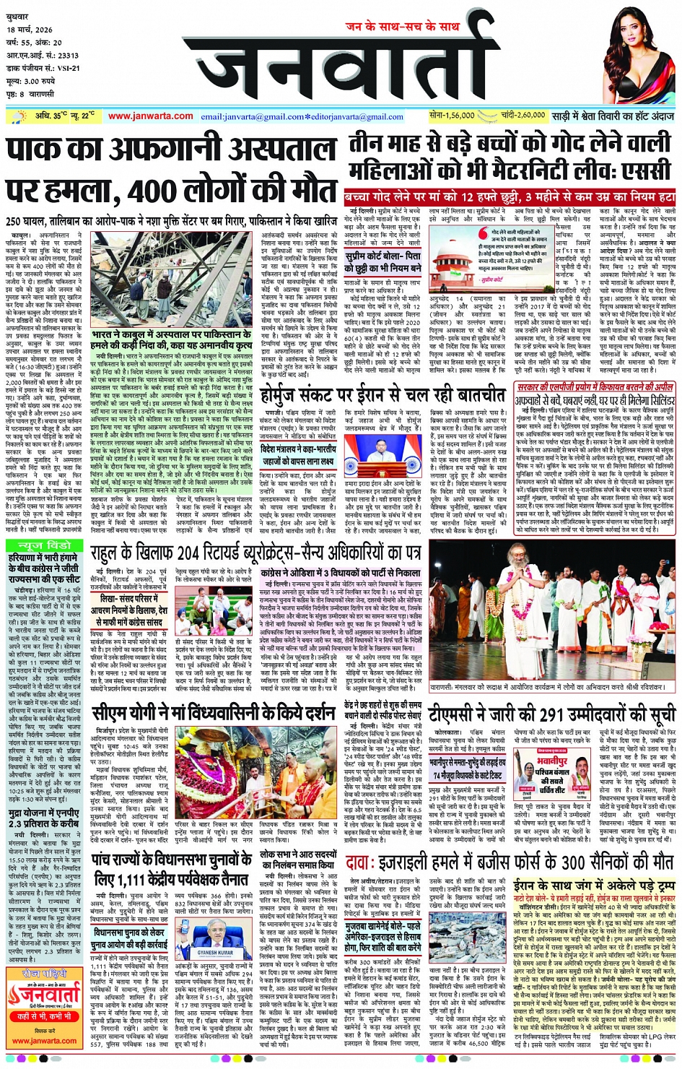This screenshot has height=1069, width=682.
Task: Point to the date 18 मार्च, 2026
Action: click(30, 30)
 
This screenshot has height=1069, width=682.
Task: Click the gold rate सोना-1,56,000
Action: click(452, 116)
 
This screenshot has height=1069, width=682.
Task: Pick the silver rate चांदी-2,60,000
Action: click(523, 116)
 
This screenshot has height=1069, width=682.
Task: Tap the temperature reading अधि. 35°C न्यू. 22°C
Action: click(64, 116)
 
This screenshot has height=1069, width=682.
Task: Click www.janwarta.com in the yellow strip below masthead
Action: click(150, 116)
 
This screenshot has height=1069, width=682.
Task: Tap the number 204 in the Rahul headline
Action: click(196, 554)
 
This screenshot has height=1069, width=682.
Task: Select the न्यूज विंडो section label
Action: click(45, 545)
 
